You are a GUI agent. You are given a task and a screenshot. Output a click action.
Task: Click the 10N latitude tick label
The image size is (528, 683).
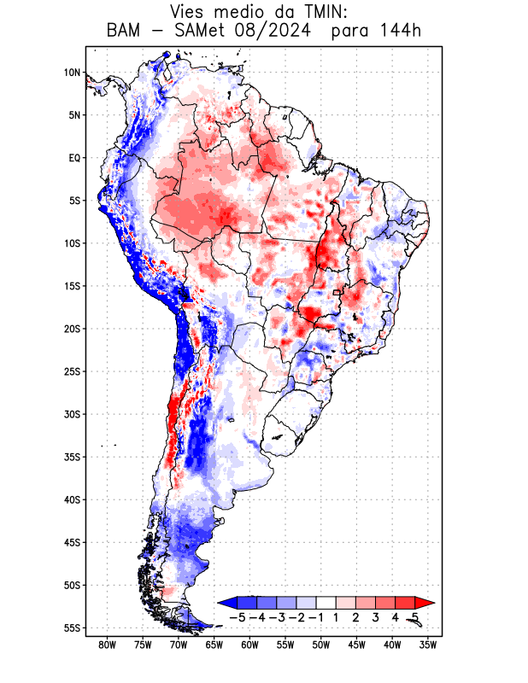(x=72, y=73)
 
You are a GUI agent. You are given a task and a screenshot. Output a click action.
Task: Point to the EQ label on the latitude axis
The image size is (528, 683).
(x=73, y=158)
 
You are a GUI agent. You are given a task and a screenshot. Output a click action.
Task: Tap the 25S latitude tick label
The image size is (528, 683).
(x=72, y=371)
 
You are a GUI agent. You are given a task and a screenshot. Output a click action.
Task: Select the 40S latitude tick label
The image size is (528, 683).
(x=72, y=499)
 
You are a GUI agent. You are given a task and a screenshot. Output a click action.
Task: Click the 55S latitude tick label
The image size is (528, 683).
(x=72, y=628)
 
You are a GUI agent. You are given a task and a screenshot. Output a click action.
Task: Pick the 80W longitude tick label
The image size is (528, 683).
(x=107, y=645)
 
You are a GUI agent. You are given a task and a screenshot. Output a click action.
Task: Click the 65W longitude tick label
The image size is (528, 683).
(x=214, y=645)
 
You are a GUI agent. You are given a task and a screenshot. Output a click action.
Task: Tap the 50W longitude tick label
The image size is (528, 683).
(x=320, y=645)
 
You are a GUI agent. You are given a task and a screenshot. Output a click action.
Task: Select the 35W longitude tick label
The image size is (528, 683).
(x=428, y=645)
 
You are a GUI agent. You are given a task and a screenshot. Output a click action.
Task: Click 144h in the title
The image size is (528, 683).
(x=399, y=32)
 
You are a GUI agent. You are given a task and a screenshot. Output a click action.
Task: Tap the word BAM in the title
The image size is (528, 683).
(x=126, y=32)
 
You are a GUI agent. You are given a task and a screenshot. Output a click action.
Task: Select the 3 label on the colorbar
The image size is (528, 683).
(x=375, y=617)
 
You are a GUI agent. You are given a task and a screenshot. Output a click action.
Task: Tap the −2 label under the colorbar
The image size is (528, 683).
(x=296, y=617)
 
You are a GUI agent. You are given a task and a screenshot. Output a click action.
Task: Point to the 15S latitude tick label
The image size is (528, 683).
(x=72, y=286)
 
